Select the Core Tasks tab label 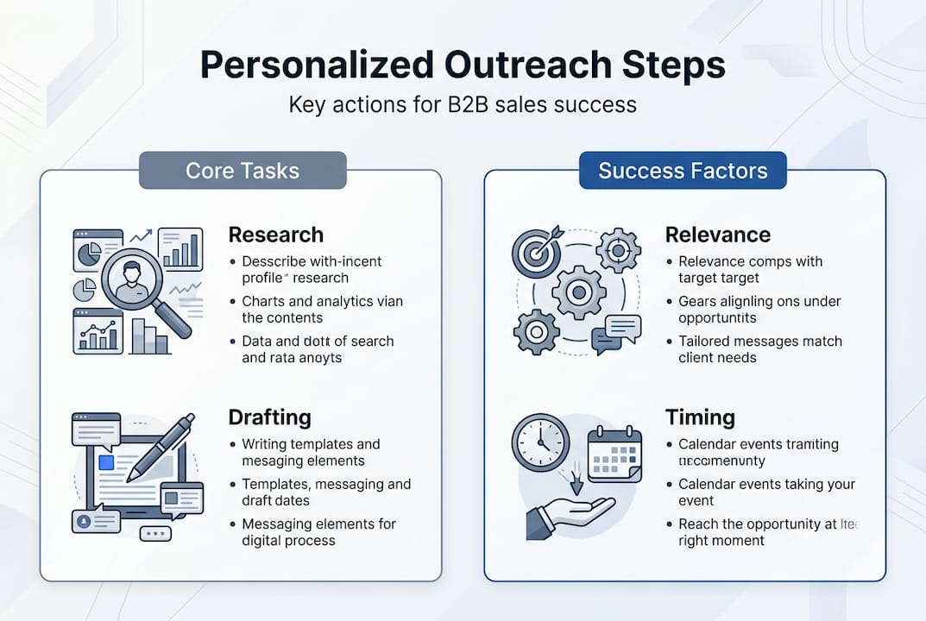coord(243,170)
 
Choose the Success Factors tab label coord(683,170)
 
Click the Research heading coord(275,235)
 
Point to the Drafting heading coord(269,417)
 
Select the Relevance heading coord(717,235)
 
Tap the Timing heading coord(700,417)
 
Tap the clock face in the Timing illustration coord(540,442)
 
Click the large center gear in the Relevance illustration coord(578,292)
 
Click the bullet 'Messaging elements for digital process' coord(318,532)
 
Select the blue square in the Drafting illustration coord(106,463)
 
